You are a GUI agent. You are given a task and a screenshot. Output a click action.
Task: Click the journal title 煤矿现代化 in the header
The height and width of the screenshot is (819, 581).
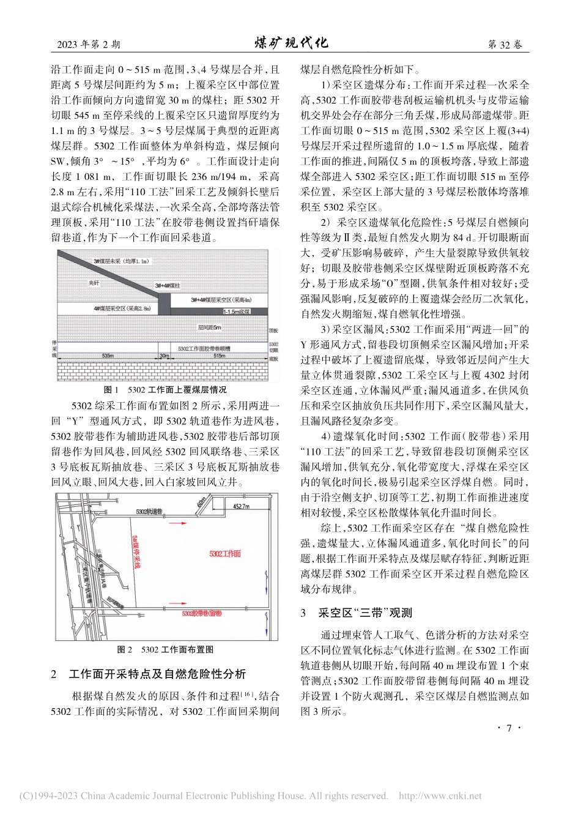tap(290, 43)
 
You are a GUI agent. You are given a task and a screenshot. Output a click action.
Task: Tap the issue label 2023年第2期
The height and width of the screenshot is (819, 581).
tap(88, 44)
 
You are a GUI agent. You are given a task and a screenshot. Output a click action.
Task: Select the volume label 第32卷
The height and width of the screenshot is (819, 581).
tap(505, 44)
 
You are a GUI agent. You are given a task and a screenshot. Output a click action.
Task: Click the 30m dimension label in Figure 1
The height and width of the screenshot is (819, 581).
tap(163, 355)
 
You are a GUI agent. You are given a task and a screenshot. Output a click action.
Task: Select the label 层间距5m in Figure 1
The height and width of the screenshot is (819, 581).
tap(209, 328)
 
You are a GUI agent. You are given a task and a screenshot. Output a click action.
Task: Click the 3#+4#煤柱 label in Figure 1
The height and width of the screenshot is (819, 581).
tap(166, 286)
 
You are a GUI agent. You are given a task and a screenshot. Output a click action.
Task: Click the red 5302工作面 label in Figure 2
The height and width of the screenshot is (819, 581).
tap(225, 553)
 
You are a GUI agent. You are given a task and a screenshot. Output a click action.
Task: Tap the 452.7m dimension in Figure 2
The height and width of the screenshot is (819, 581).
tap(241, 506)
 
